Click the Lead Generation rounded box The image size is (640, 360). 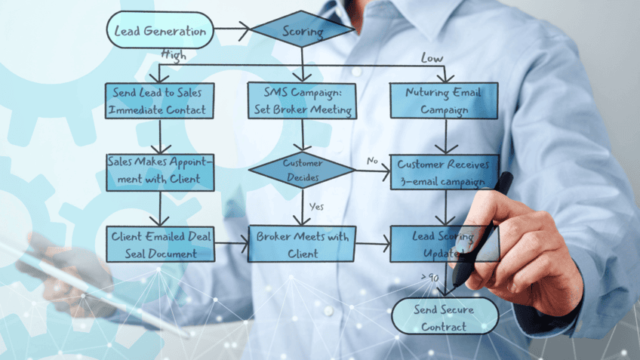tap(159, 32)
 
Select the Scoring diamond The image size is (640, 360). tap(302, 31)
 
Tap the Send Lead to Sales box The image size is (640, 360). tap(159, 100)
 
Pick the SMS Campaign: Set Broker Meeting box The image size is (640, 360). tap(302, 100)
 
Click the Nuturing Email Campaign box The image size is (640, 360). tap(444, 100)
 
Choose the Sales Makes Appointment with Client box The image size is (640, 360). tap(159, 171)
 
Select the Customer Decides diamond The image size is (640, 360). tap(302, 171)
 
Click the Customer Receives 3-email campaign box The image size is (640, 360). tap(444, 171)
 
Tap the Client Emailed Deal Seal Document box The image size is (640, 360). tap(159, 244)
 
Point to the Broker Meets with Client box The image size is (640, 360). tap(302, 244)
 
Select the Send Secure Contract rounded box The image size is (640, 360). tap(445, 316)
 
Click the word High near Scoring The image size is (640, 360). tap(174, 55)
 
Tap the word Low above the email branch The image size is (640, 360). tap(432, 58)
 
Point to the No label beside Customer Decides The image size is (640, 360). tap(372, 161)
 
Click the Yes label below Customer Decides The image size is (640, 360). tap(317, 205)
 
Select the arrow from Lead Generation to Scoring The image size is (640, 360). tap(232, 32)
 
